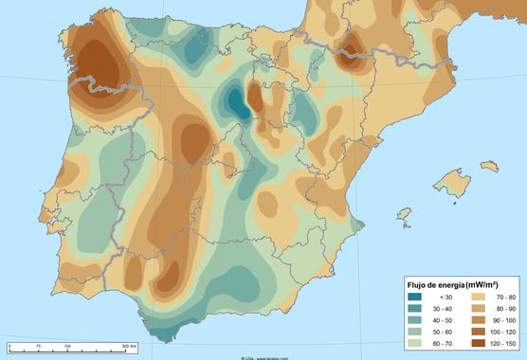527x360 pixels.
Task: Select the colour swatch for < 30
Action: point(414,297)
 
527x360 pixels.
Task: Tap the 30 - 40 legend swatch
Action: point(414,308)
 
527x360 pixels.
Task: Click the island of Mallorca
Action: point(454,184)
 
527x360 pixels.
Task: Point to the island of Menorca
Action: point(489,166)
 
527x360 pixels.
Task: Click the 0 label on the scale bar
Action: point(9,348)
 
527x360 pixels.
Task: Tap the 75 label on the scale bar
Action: point(38,348)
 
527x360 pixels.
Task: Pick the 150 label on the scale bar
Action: point(67,348)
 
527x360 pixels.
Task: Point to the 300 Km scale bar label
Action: point(128,348)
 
